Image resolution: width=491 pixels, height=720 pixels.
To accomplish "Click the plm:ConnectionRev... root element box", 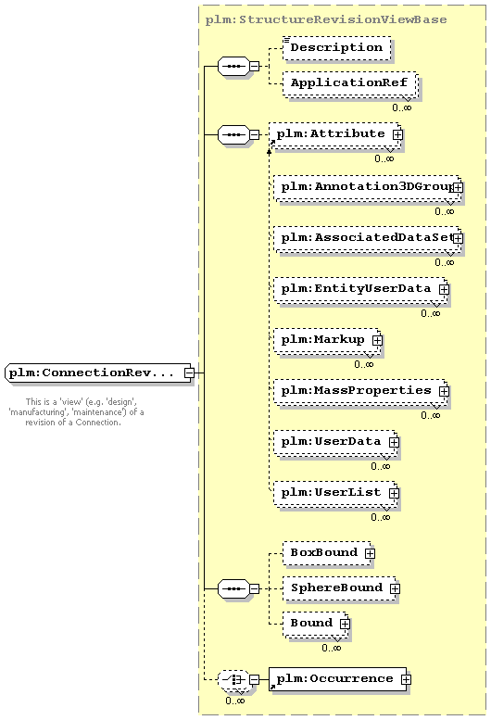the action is point(98,373).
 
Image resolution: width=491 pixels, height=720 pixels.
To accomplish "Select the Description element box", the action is point(337,48).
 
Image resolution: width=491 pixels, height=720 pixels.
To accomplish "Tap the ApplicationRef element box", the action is point(349,83).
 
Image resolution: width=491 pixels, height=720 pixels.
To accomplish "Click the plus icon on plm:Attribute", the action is point(397,134).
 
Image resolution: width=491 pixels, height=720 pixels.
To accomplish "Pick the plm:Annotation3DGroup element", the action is point(367,187).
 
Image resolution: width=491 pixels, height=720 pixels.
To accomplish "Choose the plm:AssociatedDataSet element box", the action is point(367,238).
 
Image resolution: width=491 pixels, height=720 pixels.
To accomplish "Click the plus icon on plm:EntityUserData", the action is point(444,289).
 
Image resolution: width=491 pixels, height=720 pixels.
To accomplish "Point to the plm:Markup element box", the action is point(327,340).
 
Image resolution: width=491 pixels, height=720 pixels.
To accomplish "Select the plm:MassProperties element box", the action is point(360,391).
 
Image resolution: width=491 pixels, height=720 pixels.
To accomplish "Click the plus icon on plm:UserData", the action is point(394,442).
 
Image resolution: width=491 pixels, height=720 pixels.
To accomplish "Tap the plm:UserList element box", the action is point(335,493).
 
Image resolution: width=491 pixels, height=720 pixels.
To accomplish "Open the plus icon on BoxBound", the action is point(370,553).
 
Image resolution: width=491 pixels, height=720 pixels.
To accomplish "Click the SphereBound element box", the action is point(340,588).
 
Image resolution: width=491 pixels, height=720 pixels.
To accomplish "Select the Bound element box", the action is point(315,624).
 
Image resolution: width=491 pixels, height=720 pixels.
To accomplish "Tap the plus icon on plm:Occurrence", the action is point(406,679).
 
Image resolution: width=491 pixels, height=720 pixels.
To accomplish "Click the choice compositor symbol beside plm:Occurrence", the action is point(234,679).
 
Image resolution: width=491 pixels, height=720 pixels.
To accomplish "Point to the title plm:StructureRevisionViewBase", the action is point(326,19).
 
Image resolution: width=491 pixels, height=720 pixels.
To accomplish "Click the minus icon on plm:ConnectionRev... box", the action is point(189,373).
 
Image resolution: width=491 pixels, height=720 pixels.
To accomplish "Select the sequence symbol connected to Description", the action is point(234,67).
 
